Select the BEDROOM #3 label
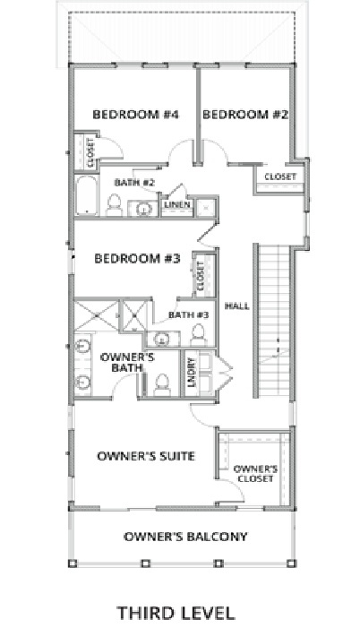pyautogui.click(x=139, y=259)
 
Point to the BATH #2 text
pyautogui.click(x=135, y=184)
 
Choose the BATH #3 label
pyautogui.click(x=190, y=314)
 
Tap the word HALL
pyautogui.click(x=236, y=306)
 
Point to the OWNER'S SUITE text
pyautogui.click(x=146, y=456)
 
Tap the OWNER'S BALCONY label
pyautogui.click(x=185, y=538)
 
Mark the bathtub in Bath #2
pyautogui.click(x=87, y=198)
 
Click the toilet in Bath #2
pyautogui.click(x=114, y=207)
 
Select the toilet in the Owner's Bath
pyautogui.click(x=163, y=383)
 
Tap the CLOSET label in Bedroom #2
pyautogui.click(x=280, y=177)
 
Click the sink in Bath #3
pyautogui.click(x=163, y=338)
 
